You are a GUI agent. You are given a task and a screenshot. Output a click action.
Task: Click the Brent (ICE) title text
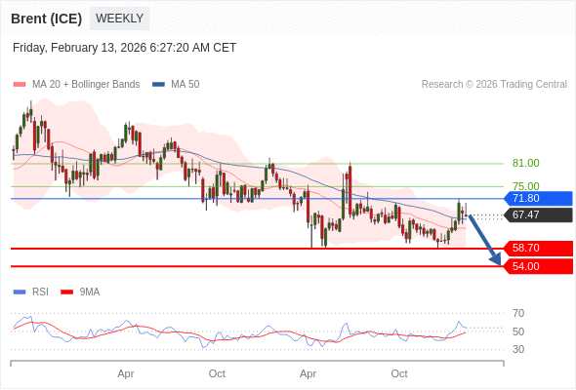46,19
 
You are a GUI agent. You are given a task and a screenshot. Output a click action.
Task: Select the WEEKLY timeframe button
119,19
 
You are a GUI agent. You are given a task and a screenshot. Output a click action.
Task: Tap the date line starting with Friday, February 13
124,48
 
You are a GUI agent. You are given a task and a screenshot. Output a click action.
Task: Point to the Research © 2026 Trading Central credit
494,85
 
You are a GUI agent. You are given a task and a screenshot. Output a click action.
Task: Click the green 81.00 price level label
525,164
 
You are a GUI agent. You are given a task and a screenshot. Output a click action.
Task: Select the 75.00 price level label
525,186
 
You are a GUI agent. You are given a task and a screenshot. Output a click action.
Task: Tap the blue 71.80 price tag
537,199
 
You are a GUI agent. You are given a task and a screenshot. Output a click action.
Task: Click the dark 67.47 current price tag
537,215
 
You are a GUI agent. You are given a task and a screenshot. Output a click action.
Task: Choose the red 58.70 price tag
537,249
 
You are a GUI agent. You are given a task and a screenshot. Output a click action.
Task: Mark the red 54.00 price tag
537,266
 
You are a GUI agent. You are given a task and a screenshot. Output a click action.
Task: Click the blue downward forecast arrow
485,240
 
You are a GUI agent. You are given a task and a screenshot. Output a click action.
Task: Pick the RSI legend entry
39,292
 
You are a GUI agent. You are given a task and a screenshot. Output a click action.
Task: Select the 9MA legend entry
89,292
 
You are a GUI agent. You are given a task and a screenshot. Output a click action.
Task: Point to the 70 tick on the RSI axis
518,314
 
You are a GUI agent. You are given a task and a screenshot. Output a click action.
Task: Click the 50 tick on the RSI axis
518,331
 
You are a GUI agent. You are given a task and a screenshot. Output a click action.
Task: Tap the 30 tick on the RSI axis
518,349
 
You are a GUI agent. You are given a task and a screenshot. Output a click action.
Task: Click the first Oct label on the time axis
217,373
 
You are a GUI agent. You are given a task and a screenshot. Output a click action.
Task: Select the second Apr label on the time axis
309,373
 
